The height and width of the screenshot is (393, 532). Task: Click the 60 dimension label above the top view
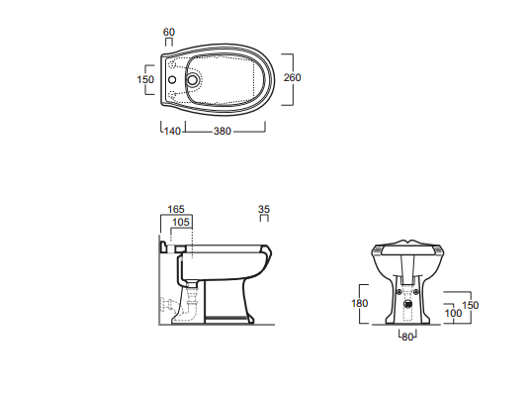coord(169,32)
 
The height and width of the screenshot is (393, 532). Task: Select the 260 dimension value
coord(292,78)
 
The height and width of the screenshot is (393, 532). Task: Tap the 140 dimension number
coord(172,131)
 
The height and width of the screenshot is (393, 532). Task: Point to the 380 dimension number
coord(222,131)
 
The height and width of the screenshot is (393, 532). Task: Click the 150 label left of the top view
coord(145,79)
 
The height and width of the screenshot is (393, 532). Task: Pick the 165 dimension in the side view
coord(176,209)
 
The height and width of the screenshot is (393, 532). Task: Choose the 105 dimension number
coord(181,222)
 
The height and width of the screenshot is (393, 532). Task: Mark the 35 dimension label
coord(264,209)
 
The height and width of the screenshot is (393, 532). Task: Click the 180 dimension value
coord(360,303)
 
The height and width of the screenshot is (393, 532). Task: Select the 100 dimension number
coord(453,313)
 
